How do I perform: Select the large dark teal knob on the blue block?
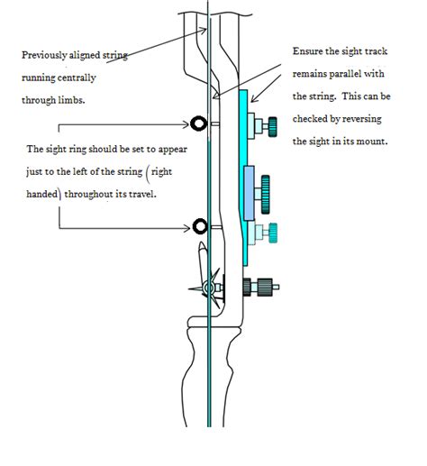pyautogui.click(x=265, y=190)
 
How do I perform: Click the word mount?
pyautogui.click(x=368, y=142)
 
